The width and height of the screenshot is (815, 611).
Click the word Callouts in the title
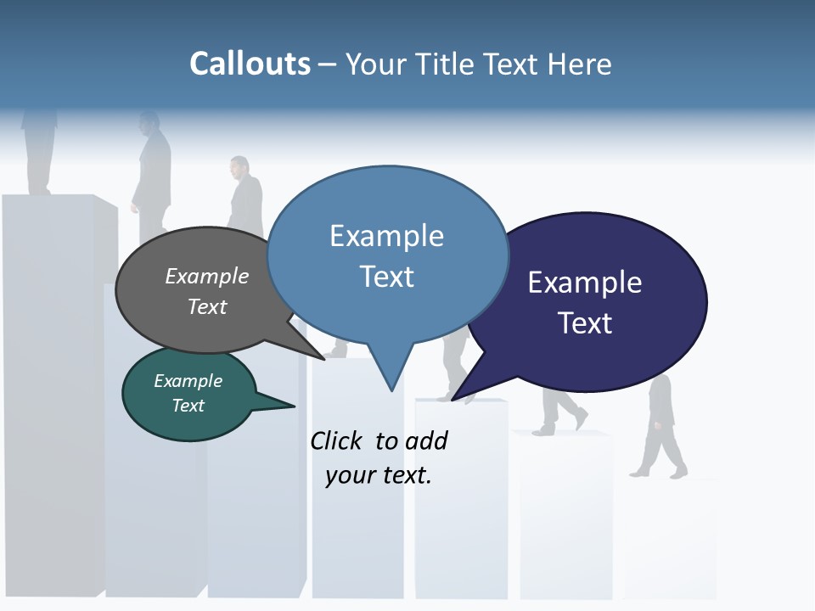coord(250,64)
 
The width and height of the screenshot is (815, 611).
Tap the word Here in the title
coord(580,64)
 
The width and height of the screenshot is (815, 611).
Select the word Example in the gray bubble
coord(206,276)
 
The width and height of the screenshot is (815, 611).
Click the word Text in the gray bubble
coord(206,306)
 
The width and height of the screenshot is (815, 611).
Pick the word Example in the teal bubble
coord(188,381)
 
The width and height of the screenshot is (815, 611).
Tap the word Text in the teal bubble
coord(188,406)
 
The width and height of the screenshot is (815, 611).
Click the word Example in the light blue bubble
coord(386,236)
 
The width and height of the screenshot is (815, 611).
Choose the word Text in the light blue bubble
coord(386,277)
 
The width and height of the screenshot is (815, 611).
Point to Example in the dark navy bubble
coord(585,283)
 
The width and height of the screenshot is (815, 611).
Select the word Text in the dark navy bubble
coord(585,323)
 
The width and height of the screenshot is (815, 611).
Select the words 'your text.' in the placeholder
coord(379,475)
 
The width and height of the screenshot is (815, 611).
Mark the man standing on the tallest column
coord(40,149)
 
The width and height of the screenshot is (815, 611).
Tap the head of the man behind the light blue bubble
coord(239,165)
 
